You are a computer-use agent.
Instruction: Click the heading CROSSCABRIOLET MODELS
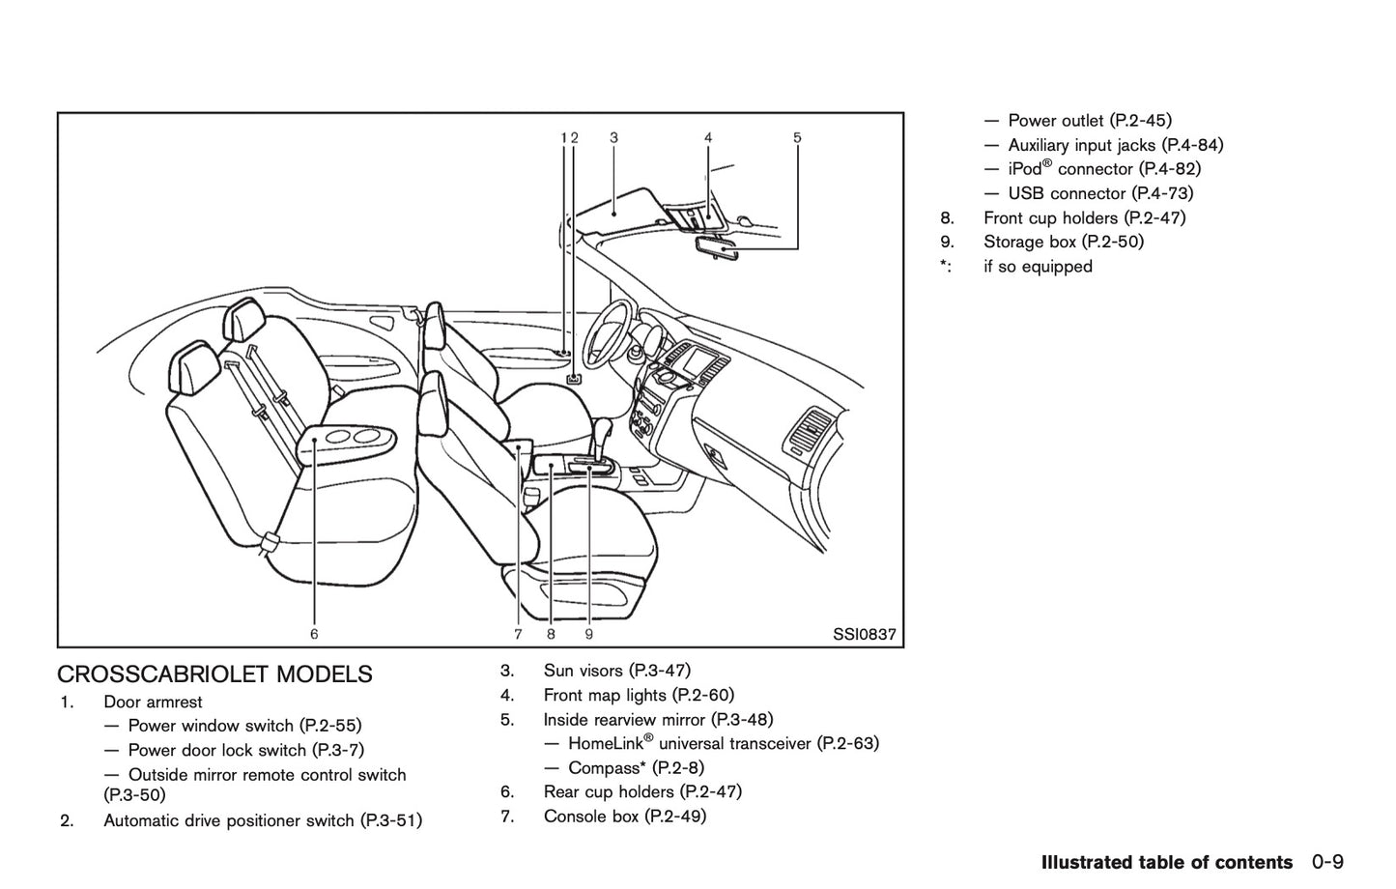[x=214, y=674]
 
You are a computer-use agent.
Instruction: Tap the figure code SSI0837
[x=865, y=635]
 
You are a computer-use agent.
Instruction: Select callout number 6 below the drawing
[x=314, y=635]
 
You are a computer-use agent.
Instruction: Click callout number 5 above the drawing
[x=797, y=138]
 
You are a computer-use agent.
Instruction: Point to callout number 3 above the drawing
[x=614, y=138]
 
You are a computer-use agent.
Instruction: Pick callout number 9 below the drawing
[x=588, y=635]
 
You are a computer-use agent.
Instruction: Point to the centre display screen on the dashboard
[x=702, y=363]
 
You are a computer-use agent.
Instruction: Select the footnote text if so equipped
[x=1038, y=267]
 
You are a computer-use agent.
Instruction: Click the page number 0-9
[x=1328, y=862]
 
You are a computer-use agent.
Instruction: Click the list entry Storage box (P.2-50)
[x=1063, y=242]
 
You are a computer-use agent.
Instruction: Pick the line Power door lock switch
[x=245, y=750]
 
